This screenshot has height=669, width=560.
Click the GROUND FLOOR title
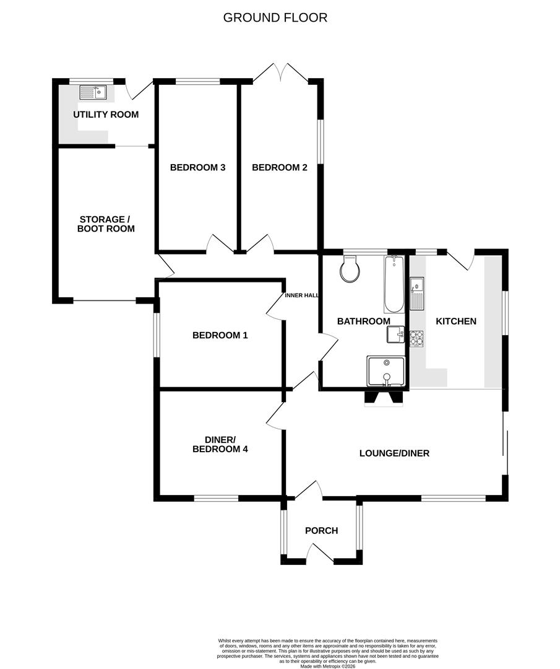275,17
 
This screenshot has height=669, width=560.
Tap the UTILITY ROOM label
106,115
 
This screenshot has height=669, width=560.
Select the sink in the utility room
93,93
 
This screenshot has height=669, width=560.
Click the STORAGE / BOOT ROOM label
106,224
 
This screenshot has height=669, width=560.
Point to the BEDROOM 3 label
197,167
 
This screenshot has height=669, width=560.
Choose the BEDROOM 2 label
279,167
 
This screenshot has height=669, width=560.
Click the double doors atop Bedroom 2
280,74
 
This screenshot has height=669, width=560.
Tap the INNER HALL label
301,295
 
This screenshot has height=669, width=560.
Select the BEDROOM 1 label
220,335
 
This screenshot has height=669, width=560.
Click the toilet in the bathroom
350,270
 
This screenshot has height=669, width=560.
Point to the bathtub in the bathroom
394,285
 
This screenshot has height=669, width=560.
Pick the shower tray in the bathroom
386,370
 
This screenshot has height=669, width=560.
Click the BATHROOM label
363,321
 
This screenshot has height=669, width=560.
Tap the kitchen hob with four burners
416,338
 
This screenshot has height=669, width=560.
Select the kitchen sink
416,294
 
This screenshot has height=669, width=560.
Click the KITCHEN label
456,321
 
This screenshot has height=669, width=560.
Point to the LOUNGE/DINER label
394,453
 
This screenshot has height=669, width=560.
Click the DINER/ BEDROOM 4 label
220,444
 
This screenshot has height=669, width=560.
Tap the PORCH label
322,530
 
